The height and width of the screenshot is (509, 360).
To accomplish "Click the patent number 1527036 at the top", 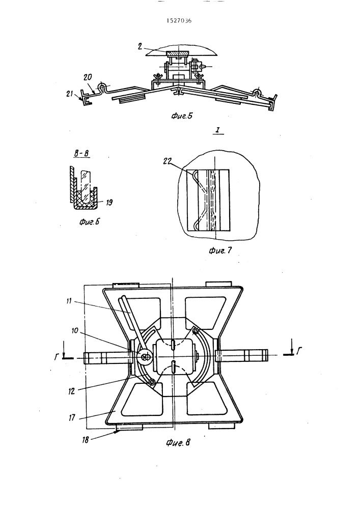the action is pos(179,21).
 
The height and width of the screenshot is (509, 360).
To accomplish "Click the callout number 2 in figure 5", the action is pos(140,46).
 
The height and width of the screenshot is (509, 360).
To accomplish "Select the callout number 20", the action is pos(88,77).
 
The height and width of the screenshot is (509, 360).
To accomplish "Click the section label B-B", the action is pos(81,154).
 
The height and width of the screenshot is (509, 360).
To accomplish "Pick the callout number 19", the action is pos(109,203).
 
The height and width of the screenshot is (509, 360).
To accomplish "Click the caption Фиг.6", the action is pos(89,222).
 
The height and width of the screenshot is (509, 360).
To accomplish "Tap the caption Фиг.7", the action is pos(220,250).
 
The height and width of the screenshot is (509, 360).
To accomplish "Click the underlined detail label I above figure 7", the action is pos(218,130).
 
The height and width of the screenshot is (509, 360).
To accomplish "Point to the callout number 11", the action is pos(69,301).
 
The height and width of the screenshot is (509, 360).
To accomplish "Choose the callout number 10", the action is pos(75,330).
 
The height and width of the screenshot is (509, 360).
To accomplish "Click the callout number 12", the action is pos(71,391).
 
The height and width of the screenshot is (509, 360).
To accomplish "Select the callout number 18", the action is pos(85,440).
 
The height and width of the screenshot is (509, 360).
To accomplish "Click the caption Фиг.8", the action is pos(178,442).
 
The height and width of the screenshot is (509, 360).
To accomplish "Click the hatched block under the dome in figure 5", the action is pos(177,54).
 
